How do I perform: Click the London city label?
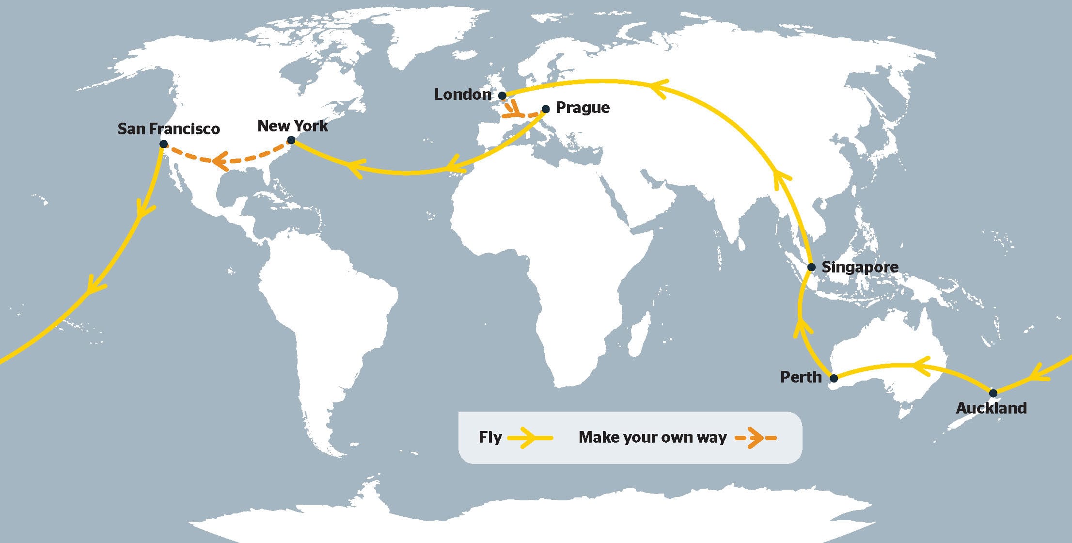point(462,94)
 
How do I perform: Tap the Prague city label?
point(583,107)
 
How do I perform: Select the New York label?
point(292,126)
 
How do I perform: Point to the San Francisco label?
point(169,128)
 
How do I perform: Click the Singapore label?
point(860,267)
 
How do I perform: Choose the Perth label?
point(801,377)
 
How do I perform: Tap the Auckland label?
point(991,408)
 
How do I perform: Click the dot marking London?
point(503,96)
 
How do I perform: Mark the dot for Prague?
point(546,109)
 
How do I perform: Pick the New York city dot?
point(291,141)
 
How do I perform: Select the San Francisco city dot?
point(164,144)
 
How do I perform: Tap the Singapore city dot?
point(811,267)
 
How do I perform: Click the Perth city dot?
point(834,378)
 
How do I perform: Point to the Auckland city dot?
point(993,393)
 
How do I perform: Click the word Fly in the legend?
point(490,437)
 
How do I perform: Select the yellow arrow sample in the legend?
point(530,438)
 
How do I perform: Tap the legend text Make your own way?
point(652,437)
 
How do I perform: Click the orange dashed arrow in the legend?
point(756,438)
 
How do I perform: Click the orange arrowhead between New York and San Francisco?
point(221,160)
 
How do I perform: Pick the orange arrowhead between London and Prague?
point(515,112)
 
